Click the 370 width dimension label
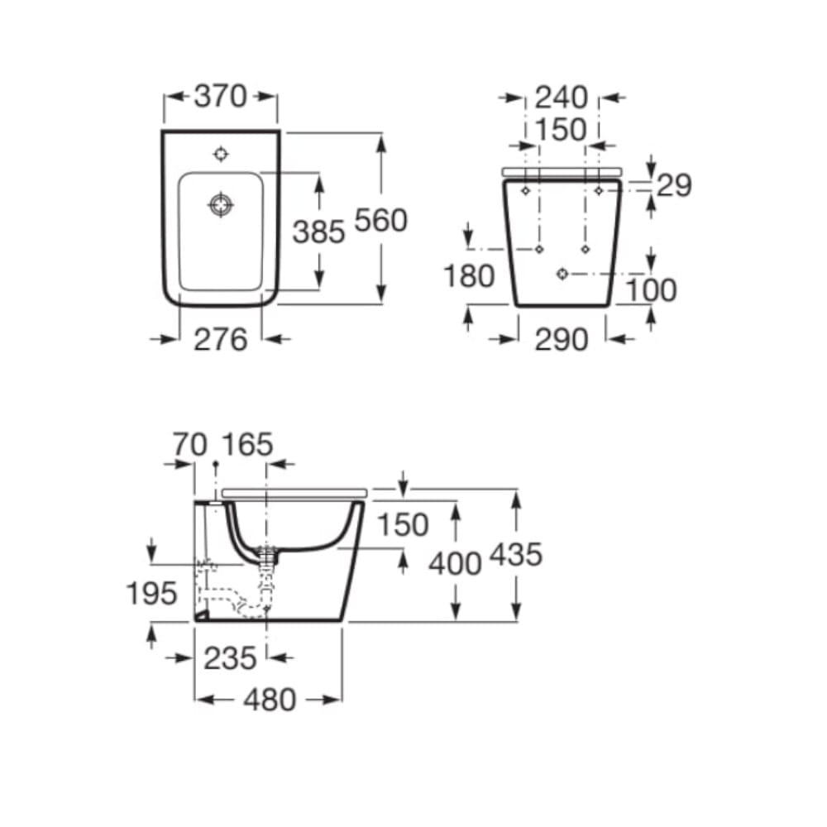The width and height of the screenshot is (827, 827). pyautogui.click(x=221, y=97)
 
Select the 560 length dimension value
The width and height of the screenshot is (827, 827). pyautogui.click(x=380, y=220)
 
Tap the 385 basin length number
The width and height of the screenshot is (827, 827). pyautogui.click(x=318, y=232)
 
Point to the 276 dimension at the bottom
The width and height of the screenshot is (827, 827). pyautogui.click(x=221, y=339)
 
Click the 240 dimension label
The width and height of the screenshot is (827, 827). pyautogui.click(x=562, y=98)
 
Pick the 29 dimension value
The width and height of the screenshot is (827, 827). pyautogui.click(x=674, y=185)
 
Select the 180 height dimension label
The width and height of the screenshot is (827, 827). pyautogui.click(x=469, y=276)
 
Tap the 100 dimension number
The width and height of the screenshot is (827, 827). pyautogui.click(x=652, y=290)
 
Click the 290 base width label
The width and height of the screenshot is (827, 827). pyautogui.click(x=562, y=339)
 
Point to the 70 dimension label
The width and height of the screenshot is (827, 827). pyautogui.click(x=190, y=445)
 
